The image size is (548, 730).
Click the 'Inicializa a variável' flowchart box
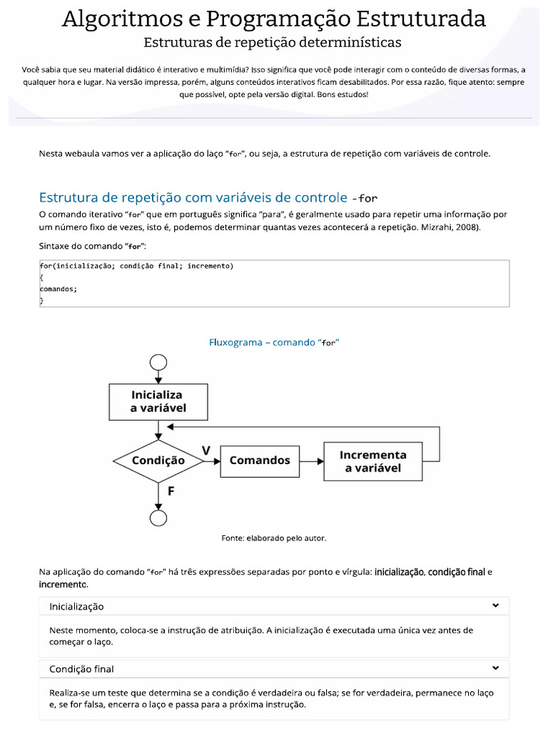tap(158, 401)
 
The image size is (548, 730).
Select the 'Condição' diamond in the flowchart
tap(158, 461)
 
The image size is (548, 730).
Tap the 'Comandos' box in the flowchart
tap(260, 461)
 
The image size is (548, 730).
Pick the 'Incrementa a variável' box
tap(372, 461)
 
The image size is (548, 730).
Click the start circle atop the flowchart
tap(158, 362)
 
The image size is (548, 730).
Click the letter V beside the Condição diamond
tap(206, 451)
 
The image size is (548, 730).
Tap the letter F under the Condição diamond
tap(171, 491)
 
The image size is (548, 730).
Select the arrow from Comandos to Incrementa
tap(311, 461)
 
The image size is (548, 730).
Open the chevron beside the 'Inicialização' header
tap(495, 606)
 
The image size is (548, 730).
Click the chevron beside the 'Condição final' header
tap(495, 669)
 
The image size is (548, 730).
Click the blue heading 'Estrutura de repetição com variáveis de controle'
tap(193, 197)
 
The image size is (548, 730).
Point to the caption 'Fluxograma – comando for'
tap(273, 342)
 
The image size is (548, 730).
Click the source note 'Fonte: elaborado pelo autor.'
tap(273, 538)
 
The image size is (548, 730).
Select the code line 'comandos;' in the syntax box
tap(58, 289)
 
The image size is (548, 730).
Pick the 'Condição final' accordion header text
tap(81, 669)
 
